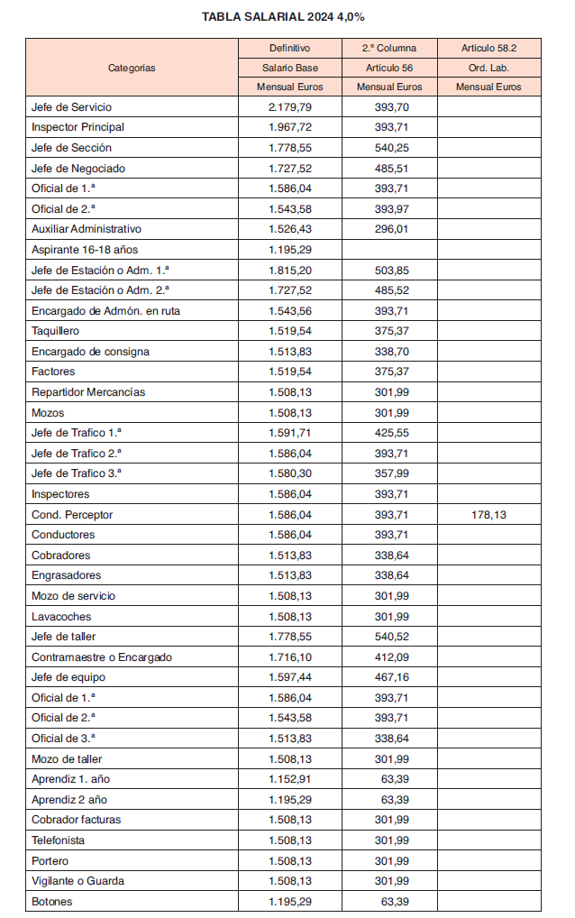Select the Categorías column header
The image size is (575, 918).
[132, 68]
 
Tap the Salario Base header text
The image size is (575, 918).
[290, 68]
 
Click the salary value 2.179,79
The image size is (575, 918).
[290, 106]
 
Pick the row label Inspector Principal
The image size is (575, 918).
[78, 127]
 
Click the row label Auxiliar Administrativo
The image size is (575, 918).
[87, 229]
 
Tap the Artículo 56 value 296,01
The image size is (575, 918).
[392, 229]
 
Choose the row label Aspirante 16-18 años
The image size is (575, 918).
[85, 250]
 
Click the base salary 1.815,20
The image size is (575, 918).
[290, 270]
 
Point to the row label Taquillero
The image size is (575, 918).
[56, 331]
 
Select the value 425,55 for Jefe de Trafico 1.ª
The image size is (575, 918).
[392, 433]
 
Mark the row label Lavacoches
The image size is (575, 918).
[61, 617]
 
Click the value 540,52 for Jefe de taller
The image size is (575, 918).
[392, 637]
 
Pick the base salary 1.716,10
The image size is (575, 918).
[290, 657]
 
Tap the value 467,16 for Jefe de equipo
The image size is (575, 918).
[392, 678]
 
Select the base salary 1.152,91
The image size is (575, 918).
[290, 779]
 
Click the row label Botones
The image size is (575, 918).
[52, 902]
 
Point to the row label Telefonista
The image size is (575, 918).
[59, 840]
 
